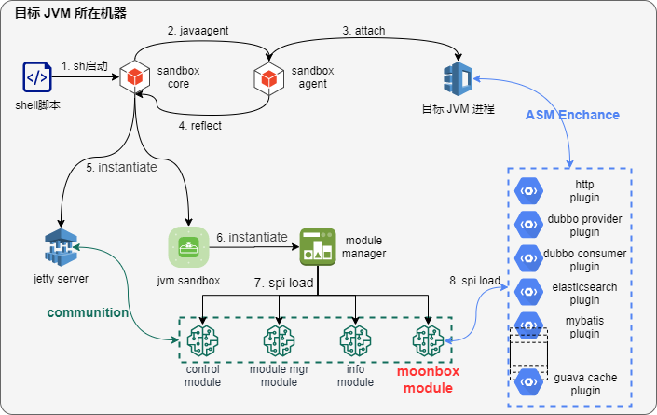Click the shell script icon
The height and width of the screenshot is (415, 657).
[37, 76]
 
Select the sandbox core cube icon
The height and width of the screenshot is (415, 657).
[135, 76]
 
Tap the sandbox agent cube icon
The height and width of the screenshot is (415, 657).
[269, 78]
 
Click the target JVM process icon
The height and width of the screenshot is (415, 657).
[458, 79]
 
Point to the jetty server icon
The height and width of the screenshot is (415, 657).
[62, 247]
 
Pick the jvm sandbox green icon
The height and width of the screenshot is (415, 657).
[188, 247]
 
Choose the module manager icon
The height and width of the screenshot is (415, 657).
[318, 247]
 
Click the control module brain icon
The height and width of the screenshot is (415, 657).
[203, 340]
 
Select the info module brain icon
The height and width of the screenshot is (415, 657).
[355, 340]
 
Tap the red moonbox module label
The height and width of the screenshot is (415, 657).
[429, 380]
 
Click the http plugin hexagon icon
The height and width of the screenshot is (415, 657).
[528, 191]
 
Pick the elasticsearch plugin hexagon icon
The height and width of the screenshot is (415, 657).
[528, 292]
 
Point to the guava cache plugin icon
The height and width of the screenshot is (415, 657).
[528, 382]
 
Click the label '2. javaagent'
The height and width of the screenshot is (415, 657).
[198, 31]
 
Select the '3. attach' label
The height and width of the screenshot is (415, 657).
[363, 31]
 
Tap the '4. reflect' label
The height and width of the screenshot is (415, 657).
[199, 126]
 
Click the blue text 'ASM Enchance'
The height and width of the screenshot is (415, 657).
[572, 115]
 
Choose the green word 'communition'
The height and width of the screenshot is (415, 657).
[88, 312]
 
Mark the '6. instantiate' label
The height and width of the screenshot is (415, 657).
[252, 237]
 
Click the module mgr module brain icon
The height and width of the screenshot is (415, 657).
[279, 340]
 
